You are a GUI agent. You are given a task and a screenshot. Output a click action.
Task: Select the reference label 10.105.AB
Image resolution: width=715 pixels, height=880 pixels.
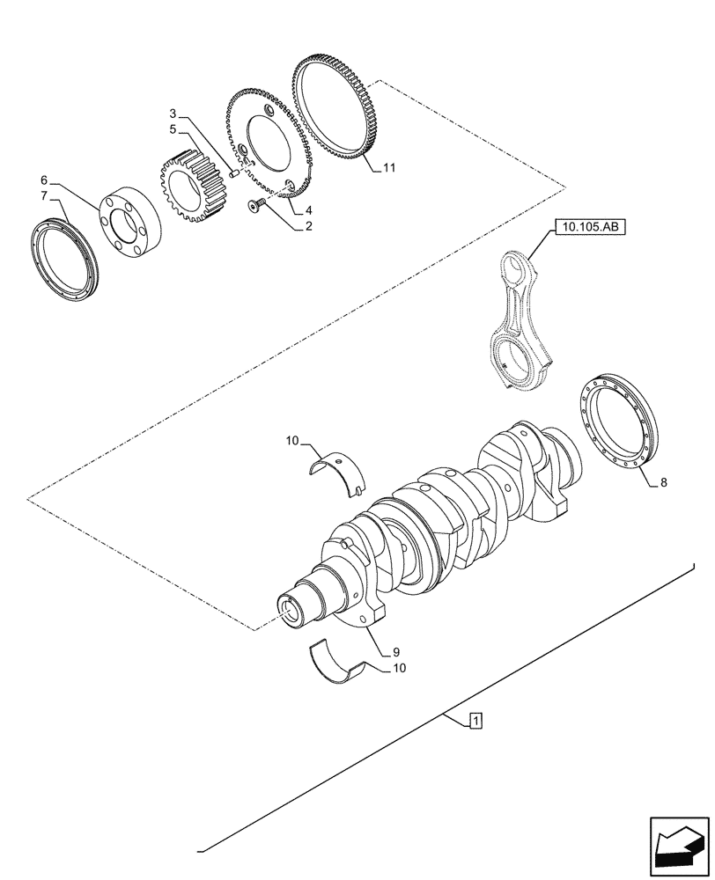tap(589, 228)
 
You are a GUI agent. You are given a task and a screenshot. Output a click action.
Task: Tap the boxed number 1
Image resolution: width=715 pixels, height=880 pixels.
tap(475, 722)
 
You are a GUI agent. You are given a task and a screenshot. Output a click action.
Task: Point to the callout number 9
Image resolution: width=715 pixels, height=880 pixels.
tap(397, 652)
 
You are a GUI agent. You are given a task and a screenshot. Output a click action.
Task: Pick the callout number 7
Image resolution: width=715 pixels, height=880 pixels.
tap(44, 194)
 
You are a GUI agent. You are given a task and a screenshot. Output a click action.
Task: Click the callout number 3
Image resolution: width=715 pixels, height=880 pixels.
tap(173, 115)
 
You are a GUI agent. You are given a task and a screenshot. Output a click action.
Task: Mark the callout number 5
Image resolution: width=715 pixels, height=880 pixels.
tap(173, 130)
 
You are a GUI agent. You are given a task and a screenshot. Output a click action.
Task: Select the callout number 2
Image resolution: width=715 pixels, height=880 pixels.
tap(309, 226)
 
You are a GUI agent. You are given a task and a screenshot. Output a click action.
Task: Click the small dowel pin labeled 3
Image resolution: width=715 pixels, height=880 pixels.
tap(235, 174)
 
